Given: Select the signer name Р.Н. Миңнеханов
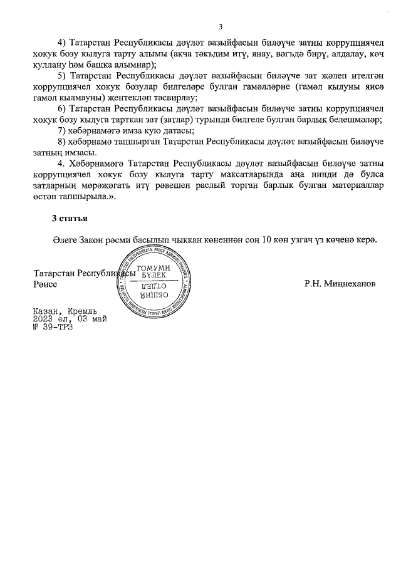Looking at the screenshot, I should [x=340, y=284].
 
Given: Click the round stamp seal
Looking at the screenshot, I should [x=152, y=278].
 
